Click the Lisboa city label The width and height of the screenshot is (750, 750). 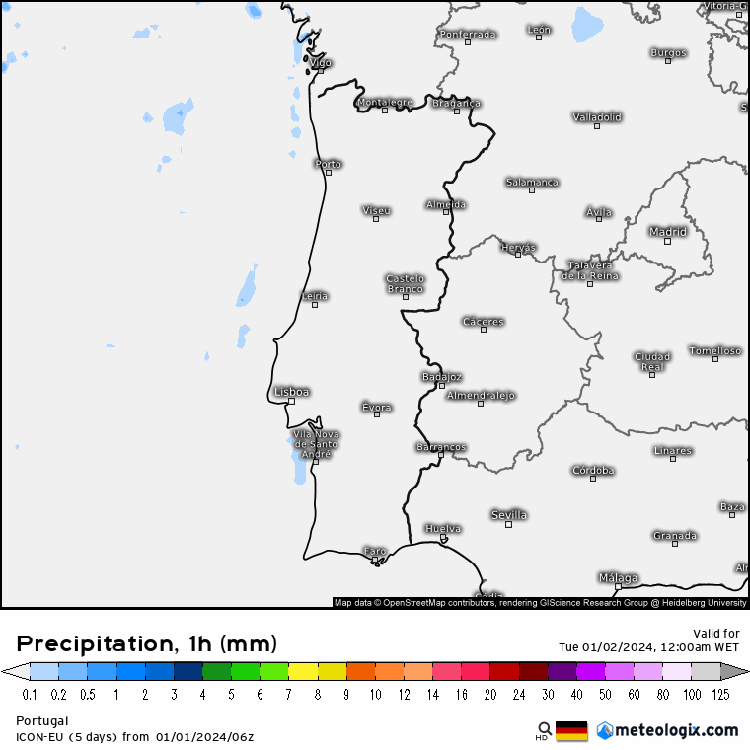tap(292, 392)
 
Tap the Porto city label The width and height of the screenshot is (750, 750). tap(328, 164)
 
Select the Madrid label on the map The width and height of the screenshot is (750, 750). tap(667, 232)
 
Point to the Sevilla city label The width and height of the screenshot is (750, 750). tap(509, 515)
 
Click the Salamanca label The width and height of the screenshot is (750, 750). tap(532, 182)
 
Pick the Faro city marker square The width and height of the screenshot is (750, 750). tap(376, 562)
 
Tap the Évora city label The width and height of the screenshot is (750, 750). tap(376, 407)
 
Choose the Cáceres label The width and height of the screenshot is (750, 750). tap(484, 322)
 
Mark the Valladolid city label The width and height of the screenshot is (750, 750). tap(597, 116)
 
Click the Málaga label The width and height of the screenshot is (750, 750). tap(618, 577)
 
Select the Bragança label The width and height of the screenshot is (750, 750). tap(456, 103)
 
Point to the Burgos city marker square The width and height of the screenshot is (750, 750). tap(668, 61)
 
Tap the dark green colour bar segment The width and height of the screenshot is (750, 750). tap(217, 672)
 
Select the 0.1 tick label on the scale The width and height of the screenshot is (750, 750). tap(31, 695)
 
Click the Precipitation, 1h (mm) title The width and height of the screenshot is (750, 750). tap(147, 644)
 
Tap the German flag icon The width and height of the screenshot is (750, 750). tap(572, 730)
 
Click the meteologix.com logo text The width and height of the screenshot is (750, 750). tap(676, 730)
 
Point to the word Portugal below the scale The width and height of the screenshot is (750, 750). tap(42, 720)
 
